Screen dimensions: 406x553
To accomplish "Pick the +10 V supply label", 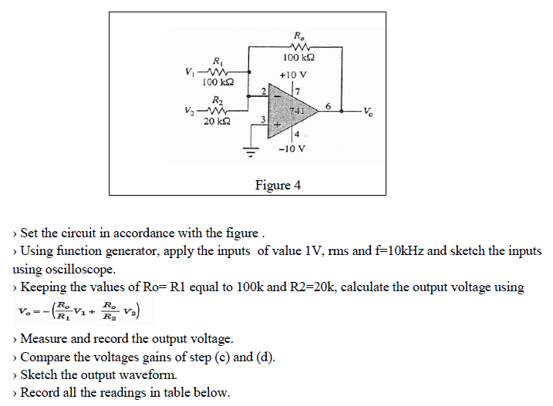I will [x=293, y=75].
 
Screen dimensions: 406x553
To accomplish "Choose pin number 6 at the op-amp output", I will [x=329, y=106].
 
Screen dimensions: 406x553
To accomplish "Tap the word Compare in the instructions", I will [x=44, y=357].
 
